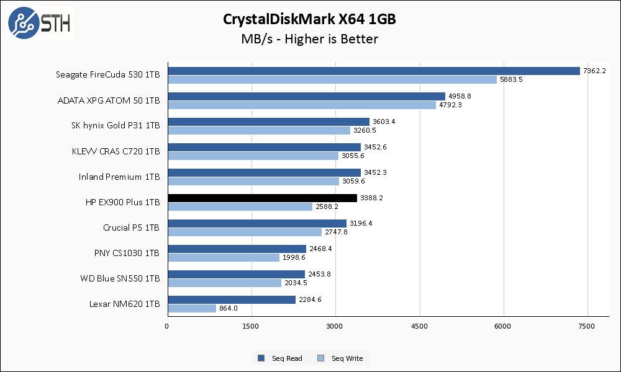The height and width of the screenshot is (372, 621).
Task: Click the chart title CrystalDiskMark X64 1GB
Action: [309, 19]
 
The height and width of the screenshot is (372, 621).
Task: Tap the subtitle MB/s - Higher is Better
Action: [309, 39]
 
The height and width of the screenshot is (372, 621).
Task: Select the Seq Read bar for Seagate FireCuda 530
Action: [373, 71]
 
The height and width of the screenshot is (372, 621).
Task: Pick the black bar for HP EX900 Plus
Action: [262, 198]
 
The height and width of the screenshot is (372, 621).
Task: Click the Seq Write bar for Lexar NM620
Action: [191, 308]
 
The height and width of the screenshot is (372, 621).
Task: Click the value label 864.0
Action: [228, 308]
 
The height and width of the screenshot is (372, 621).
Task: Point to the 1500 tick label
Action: [252, 325]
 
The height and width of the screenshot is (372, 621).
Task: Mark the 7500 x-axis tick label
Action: [587, 325]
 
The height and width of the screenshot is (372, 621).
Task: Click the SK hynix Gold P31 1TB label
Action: [116, 126]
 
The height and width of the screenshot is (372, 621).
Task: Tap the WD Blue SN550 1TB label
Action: [120, 278]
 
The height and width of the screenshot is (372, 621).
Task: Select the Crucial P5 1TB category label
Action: [131, 228]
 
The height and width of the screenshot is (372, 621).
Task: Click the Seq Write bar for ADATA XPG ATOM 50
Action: [302, 105]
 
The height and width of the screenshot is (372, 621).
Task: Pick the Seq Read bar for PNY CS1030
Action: [236, 249]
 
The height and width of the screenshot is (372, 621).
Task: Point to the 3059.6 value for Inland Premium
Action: [353, 181]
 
